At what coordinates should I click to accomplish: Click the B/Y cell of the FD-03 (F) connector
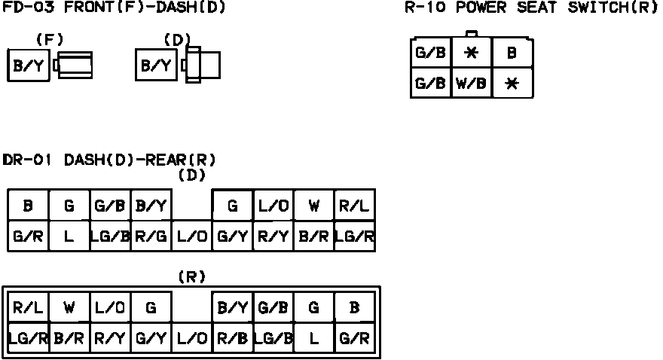[29, 66]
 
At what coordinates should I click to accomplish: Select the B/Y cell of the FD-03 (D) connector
[156, 66]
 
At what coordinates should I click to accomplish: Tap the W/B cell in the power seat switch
[472, 84]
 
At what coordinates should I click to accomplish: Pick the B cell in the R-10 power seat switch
[512, 53]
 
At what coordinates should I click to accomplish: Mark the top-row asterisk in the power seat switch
[472, 53]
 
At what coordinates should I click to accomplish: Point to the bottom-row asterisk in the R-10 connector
[512, 84]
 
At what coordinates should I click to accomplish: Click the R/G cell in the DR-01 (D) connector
[151, 236]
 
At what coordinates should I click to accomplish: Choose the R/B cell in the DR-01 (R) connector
[232, 337]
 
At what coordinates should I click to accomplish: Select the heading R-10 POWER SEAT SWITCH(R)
[531, 8]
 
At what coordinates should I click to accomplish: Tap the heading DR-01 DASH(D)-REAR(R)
[110, 160]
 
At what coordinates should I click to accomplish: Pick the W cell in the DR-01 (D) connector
[313, 206]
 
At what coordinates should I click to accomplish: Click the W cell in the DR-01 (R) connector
[69, 307]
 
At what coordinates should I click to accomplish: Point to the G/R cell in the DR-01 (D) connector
[29, 236]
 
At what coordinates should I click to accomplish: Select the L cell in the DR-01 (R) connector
[313, 337]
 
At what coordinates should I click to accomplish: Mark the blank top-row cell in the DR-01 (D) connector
[191, 206]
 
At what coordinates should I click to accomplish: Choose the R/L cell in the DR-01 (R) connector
[29, 307]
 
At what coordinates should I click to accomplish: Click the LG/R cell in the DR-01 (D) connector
[354, 236]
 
